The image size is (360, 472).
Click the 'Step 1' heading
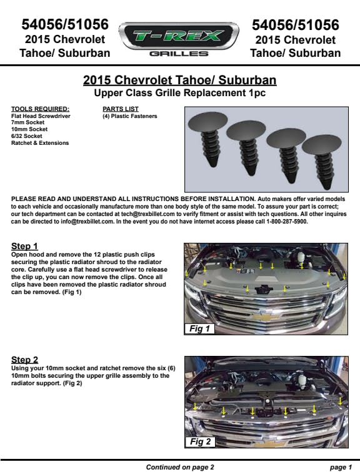[24, 246]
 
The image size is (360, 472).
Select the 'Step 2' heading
[25, 360]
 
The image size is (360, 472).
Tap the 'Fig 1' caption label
[199, 328]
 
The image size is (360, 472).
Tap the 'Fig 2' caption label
[200, 441]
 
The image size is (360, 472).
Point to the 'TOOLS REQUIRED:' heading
[40, 109]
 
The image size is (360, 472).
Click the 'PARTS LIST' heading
[121, 109]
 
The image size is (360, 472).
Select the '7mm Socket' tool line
[27, 122]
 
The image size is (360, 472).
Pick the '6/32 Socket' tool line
[26, 136]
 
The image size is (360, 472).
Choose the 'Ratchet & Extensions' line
[40, 143]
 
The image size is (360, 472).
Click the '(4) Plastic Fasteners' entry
[130, 116]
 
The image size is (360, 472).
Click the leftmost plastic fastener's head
[207, 124]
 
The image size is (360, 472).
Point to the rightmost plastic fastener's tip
[326, 187]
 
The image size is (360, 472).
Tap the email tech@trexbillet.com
[148, 214]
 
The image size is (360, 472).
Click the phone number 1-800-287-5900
[286, 222]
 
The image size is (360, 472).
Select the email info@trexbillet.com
[87, 222]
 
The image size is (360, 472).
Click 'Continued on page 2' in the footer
[180, 467]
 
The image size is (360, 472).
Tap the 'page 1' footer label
[341, 467]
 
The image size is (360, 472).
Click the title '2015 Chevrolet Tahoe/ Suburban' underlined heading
[180, 80]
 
